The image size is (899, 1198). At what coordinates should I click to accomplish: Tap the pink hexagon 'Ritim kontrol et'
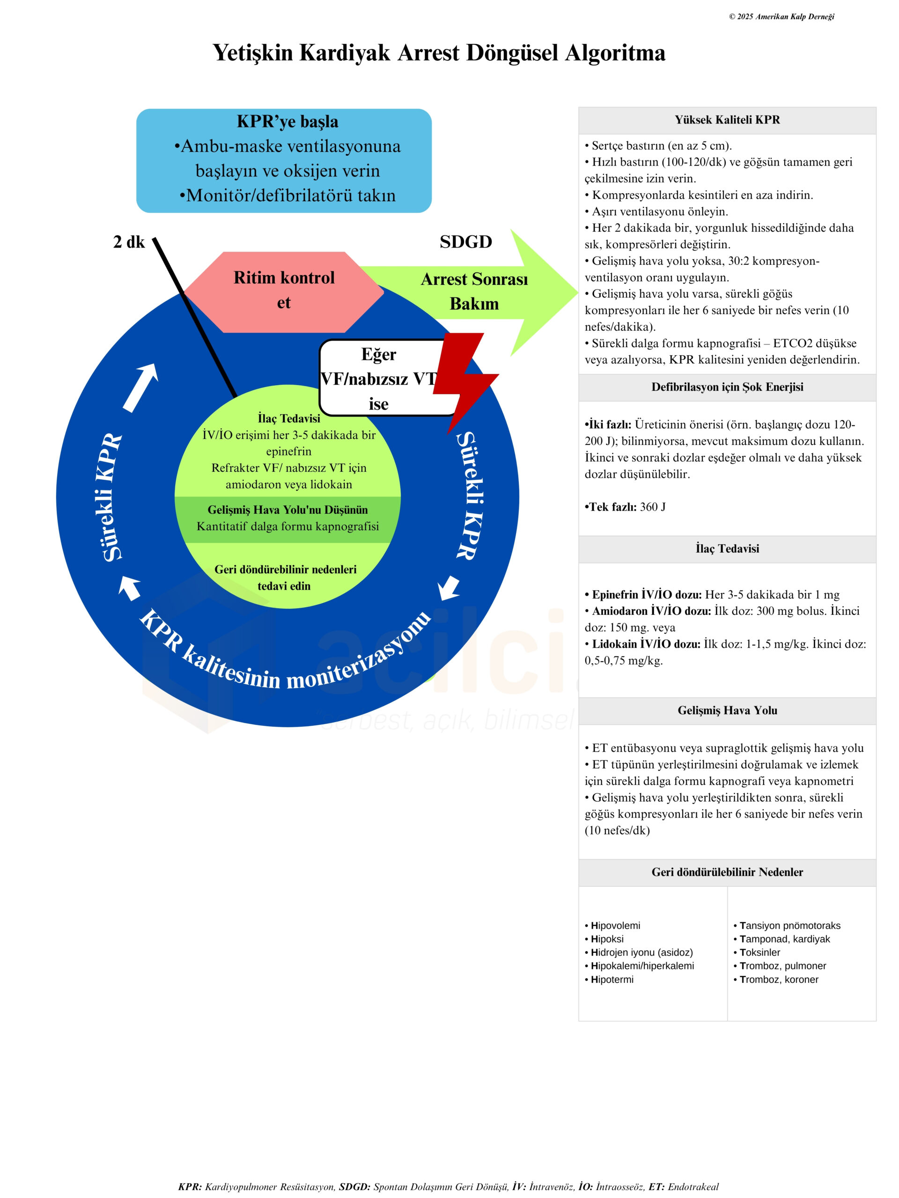pos(283,290)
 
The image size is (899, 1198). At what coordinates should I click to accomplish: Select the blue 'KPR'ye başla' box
pos(283,161)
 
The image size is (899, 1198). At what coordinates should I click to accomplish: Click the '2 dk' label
pos(128,241)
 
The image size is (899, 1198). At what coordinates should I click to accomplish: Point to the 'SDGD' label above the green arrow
pos(465,241)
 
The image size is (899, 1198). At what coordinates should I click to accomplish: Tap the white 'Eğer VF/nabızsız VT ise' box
pos(378,378)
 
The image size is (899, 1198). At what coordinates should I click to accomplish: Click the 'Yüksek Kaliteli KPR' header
pos(727,120)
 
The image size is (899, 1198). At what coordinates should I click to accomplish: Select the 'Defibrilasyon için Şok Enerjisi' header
pos(727,387)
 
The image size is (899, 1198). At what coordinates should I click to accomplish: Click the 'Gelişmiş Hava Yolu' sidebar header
pos(727,710)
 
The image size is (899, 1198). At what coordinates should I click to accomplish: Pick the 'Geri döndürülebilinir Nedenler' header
pos(727,872)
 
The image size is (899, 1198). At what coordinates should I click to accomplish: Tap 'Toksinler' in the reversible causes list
pos(760,952)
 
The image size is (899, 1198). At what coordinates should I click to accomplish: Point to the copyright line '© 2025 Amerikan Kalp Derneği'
pos(781,17)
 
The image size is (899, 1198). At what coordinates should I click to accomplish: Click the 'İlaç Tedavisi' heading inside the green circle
pos(289,418)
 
